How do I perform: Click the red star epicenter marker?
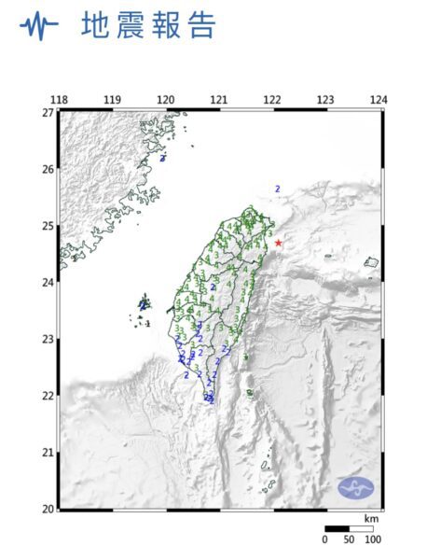coord(278,243)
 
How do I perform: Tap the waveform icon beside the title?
coord(38,26)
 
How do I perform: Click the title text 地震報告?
coord(148,25)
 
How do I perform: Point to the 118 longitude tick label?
coord(59,100)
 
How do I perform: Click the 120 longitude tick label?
coord(166,100)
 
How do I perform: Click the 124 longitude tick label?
coord(379,100)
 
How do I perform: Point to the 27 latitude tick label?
coord(48,112)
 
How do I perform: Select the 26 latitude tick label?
coord(48,169)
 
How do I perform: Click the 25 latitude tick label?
coord(48,226)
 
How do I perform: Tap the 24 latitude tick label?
coord(48,283)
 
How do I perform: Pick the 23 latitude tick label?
coord(48,339)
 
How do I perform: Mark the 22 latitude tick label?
coord(48,396)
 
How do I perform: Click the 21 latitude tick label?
coord(48,453)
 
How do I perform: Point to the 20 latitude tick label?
coord(48,509)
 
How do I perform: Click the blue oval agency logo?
coord(355,486)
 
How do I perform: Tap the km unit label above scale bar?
coord(371,518)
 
